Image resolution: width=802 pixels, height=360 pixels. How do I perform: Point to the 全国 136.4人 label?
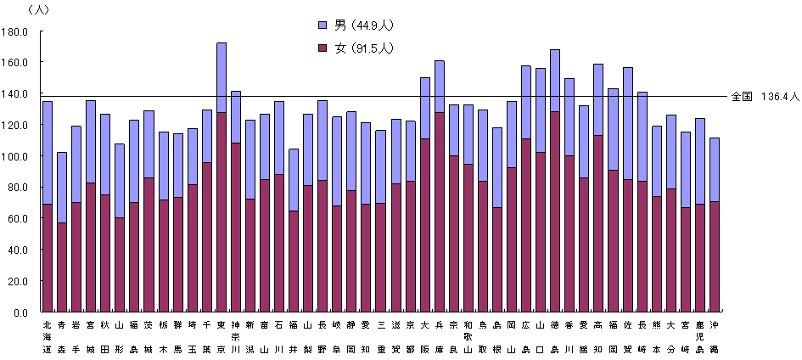click(765, 97)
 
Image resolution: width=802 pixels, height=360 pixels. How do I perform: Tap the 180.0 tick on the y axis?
click(16, 31)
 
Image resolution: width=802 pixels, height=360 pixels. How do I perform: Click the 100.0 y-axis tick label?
click(16, 156)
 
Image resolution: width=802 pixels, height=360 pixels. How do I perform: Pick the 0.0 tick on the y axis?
click(21, 312)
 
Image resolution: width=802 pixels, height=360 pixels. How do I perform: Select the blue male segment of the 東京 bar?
click(222, 76)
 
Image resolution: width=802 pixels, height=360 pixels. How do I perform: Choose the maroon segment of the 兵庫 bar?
click(440, 211)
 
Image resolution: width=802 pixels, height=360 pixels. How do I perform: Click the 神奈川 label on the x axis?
click(236, 336)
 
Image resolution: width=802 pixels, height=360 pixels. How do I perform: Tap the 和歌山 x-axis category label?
click(468, 336)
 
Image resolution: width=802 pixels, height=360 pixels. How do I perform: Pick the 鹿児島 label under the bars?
click(700, 336)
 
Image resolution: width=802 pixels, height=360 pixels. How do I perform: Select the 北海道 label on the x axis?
click(48, 336)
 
